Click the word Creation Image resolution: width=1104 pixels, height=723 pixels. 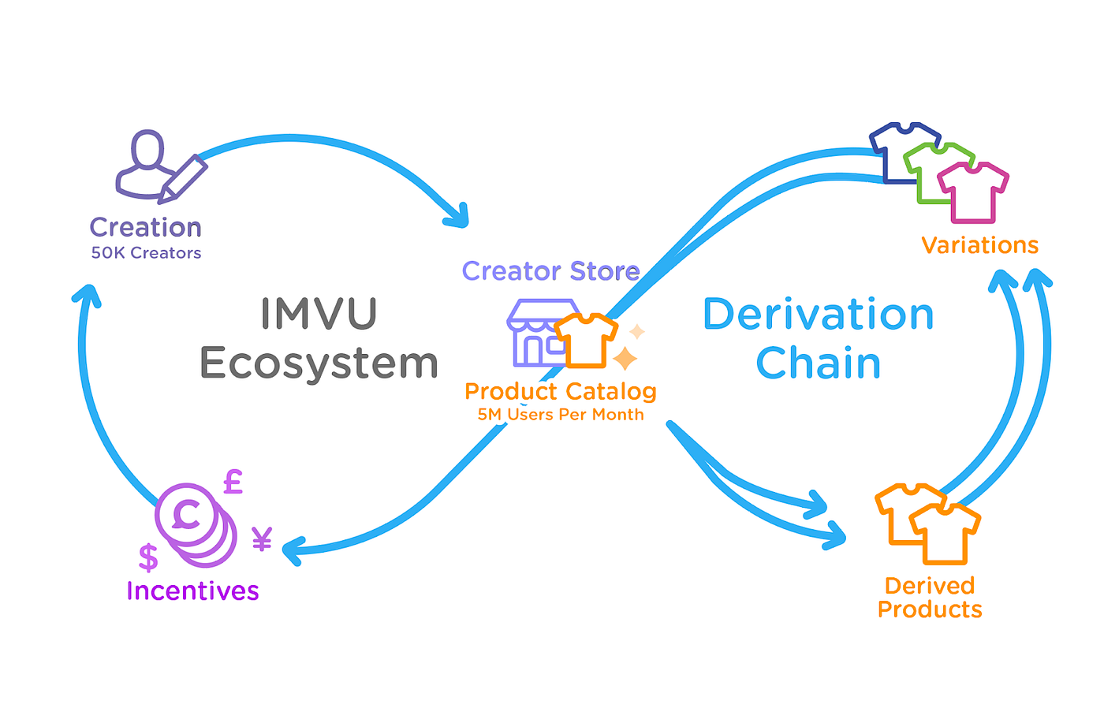(x=146, y=227)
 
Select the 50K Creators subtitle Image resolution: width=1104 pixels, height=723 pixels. (x=146, y=253)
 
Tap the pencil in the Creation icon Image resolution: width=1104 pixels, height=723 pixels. (x=184, y=178)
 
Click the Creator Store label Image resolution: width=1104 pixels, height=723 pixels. (x=550, y=270)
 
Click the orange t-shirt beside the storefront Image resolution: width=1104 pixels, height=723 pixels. (x=586, y=340)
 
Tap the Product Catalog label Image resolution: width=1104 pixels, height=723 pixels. (x=561, y=391)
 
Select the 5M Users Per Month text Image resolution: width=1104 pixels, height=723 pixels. (x=561, y=415)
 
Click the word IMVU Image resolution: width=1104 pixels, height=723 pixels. (x=319, y=313)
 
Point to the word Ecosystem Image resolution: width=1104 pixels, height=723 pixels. (x=319, y=363)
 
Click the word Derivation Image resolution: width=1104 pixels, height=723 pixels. (x=819, y=315)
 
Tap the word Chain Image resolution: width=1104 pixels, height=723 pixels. (x=819, y=363)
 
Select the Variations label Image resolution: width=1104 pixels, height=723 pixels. (x=979, y=245)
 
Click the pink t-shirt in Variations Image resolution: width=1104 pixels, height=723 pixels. (x=973, y=192)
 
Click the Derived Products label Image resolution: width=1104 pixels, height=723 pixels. (x=930, y=597)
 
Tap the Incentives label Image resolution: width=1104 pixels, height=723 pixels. (x=192, y=591)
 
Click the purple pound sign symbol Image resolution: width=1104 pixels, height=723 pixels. (x=233, y=481)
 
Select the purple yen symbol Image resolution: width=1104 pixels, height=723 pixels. (x=262, y=539)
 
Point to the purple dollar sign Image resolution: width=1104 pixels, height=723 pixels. (x=148, y=557)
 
